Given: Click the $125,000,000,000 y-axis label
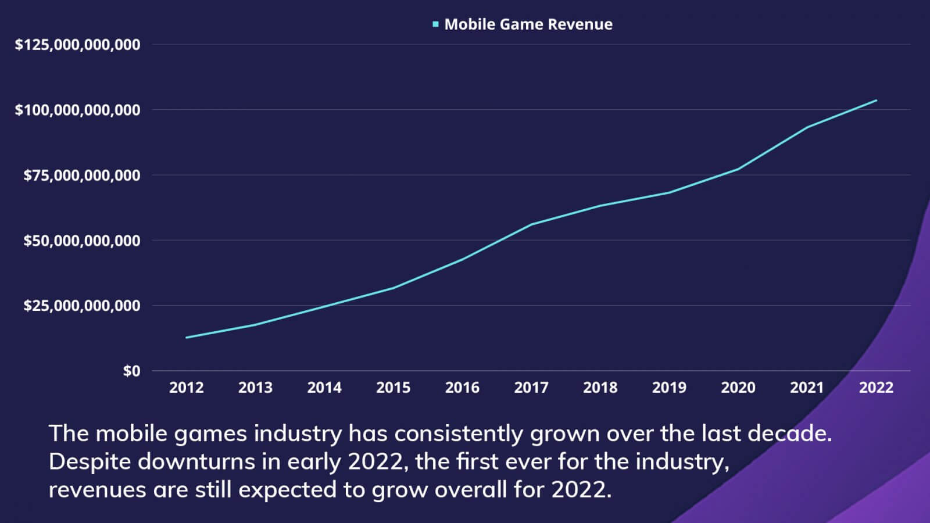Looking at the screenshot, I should point(77,45).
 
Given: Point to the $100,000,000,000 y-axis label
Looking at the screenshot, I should point(77,110).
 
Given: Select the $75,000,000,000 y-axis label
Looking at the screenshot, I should point(81,175).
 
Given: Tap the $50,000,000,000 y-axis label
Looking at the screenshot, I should point(81,241).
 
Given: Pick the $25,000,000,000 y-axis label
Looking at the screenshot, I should point(81,306).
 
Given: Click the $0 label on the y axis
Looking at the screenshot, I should point(131,371).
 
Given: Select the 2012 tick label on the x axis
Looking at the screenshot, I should point(186,388).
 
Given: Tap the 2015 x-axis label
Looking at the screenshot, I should point(393,388).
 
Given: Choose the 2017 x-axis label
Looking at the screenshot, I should point(531,388).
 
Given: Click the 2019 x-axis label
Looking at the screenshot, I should point(669,388).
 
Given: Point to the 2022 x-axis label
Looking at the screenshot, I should point(876,388).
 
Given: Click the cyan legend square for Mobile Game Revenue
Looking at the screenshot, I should point(435,24).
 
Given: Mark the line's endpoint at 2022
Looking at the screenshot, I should point(876,101).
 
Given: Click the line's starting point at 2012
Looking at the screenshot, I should point(187,338).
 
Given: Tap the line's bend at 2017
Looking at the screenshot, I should point(531,224).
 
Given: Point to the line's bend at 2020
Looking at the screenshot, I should point(738,169).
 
